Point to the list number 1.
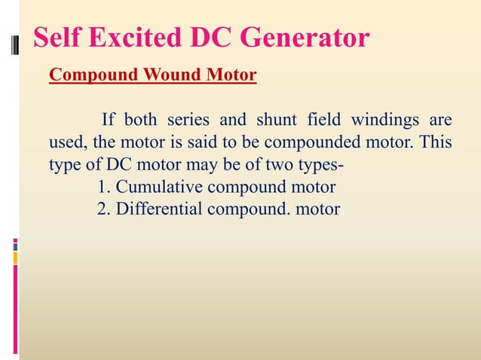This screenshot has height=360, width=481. coord(104,187)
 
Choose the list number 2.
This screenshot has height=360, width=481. coord(104,209)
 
